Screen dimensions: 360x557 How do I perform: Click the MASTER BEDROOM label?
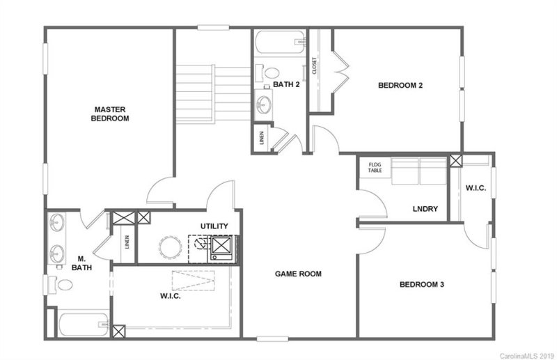point(111,114)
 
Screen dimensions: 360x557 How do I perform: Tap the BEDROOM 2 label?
point(401,86)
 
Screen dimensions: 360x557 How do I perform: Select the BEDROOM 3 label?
point(422,284)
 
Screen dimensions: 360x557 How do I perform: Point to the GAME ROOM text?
point(297,274)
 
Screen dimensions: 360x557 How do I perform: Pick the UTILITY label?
point(214,226)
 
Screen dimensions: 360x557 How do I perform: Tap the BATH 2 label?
point(285,85)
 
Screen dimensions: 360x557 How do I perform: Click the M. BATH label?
point(81,263)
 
